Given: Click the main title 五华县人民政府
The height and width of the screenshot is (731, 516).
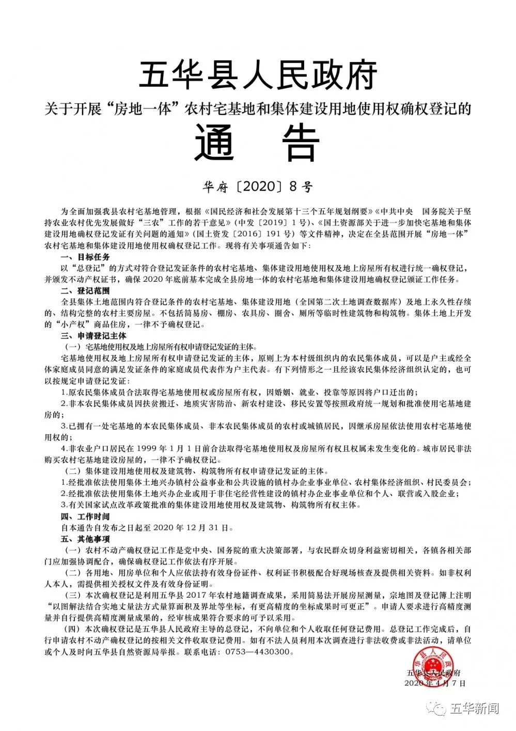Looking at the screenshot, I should (x=258, y=75).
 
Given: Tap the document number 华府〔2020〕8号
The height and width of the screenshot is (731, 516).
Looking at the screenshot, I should (x=258, y=186).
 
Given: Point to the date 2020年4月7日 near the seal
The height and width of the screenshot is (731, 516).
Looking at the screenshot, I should (x=435, y=683).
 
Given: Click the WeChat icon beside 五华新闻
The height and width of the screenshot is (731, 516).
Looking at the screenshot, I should (x=440, y=708).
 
